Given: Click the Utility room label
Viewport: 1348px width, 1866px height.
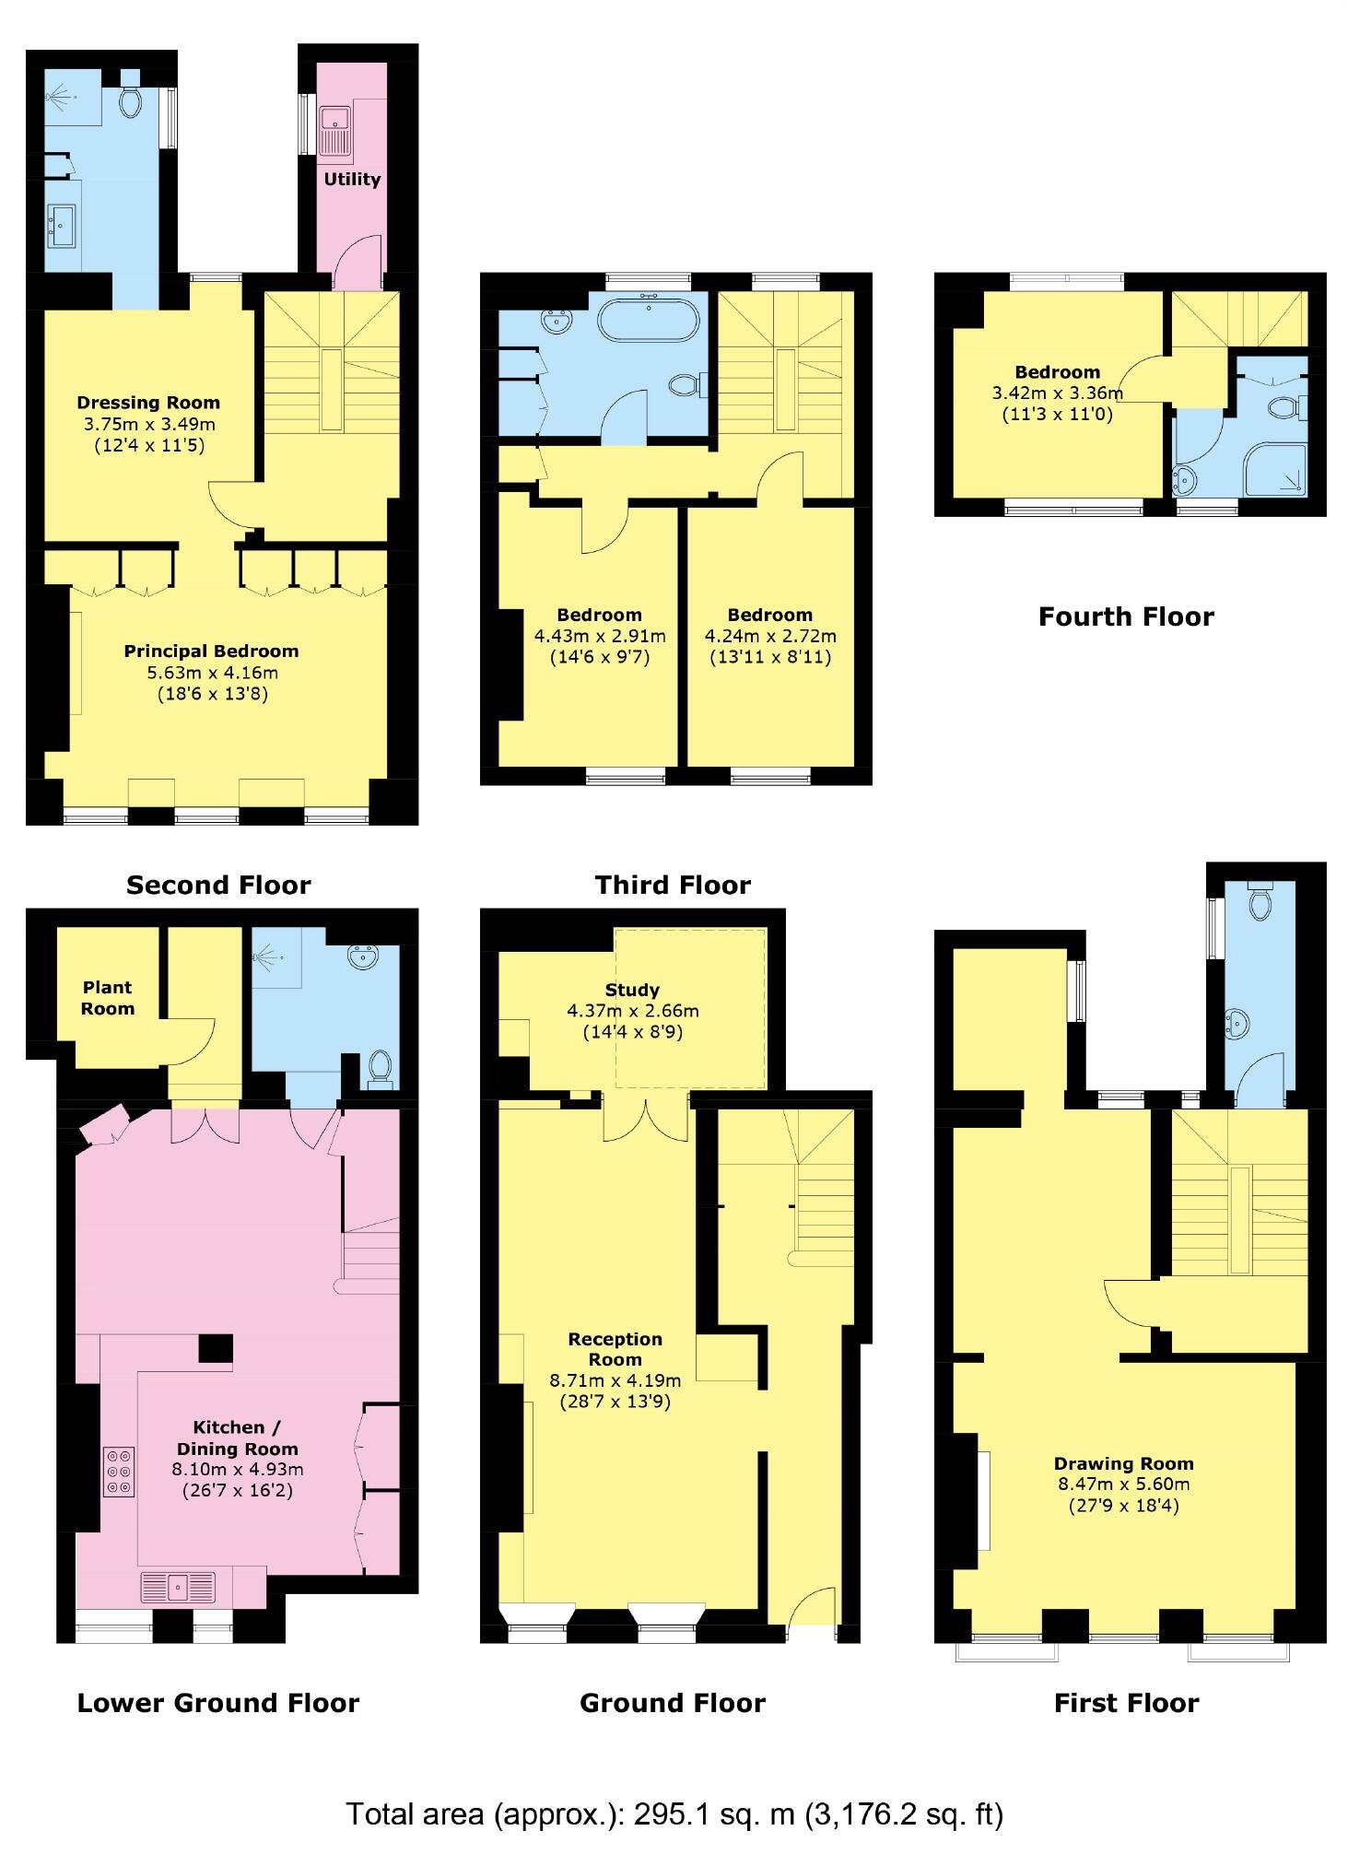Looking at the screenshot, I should [352, 179].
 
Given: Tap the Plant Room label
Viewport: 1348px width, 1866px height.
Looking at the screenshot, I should [108, 998].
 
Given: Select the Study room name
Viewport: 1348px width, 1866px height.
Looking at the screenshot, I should [632, 990].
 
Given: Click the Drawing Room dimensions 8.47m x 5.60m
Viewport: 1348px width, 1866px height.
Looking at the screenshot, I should [1123, 1485].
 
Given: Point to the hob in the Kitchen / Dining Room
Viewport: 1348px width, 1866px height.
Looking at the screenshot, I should [120, 1473].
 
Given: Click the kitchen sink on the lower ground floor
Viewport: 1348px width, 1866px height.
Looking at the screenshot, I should [178, 1587].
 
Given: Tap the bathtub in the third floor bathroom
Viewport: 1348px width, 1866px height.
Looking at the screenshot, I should [648, 322].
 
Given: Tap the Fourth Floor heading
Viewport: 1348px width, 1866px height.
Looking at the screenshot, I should [1126, 616].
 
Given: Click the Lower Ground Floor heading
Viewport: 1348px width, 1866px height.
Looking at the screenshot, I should [218, 1703].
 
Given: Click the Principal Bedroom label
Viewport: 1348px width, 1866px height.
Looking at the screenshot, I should [211, 651].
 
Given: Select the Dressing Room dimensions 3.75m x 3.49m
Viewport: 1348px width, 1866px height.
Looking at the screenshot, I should [148, 424].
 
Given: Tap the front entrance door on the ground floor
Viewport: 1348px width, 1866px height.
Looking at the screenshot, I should [812, 1616].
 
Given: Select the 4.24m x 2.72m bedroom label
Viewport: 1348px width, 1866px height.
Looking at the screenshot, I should [770, 636].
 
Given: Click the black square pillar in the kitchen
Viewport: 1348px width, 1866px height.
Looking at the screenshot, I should [217, 1348].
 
